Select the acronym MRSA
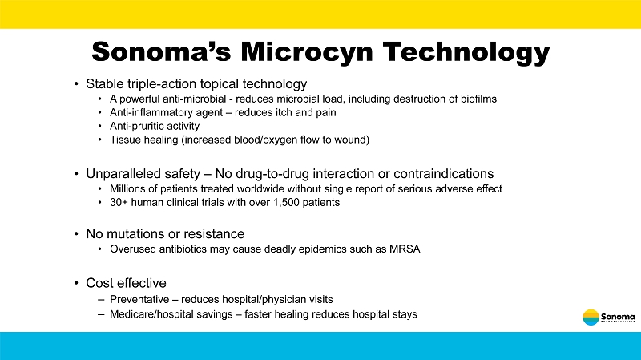click(x=403, y=249)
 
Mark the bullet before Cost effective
click(x=75, y=283)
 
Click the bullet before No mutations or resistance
click(x=75, y=234)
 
